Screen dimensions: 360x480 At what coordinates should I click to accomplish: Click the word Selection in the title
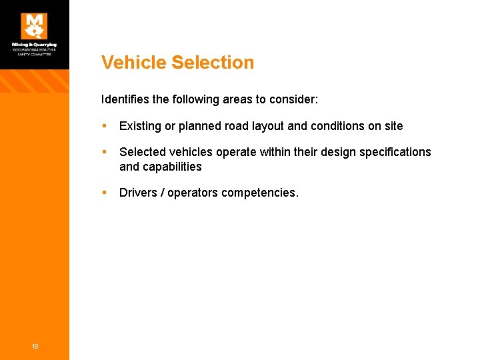(213, 63)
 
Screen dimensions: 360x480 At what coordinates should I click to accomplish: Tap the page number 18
(35, 345)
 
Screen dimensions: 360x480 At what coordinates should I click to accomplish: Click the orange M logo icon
(34, 26)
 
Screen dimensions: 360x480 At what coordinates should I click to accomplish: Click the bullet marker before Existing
(104, 126)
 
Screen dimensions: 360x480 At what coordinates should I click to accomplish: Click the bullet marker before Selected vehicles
(104, 152)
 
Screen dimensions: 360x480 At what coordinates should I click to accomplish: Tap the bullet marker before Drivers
(104, 193)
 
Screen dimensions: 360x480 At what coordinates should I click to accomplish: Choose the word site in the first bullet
(393, 126)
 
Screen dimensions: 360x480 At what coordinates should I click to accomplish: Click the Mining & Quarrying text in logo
(34, 45)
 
